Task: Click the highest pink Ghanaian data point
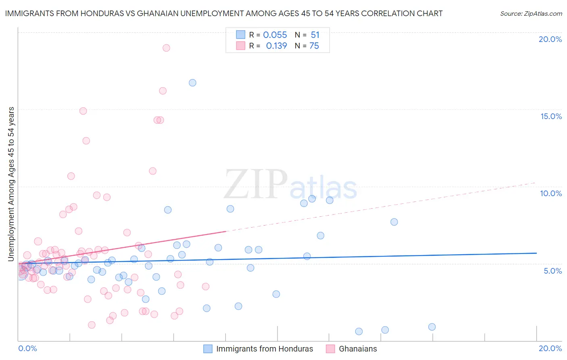tap(166, 48)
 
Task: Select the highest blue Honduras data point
tap(192, 83)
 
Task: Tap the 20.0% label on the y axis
tap(550, 39)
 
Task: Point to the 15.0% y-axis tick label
tap(551, 116)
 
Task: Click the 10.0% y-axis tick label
tap(551, 193)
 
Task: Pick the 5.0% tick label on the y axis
tap(552, 271)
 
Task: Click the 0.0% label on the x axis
tap(27, 348)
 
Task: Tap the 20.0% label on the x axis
tap(550, 348)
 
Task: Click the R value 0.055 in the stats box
tap(275, 35)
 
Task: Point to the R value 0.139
tap(276, 46)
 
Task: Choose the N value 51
tap(315, 35)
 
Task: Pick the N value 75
tap(314, 46)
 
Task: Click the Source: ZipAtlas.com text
tap(531, 14)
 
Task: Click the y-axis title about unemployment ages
tap(11, 184)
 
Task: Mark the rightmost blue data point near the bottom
tap(432, 327)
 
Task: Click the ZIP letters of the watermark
tap(256, 185)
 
